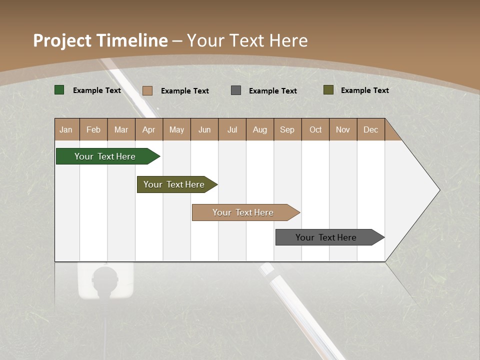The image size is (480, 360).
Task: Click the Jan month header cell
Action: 66,130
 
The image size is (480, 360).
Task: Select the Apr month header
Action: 148,130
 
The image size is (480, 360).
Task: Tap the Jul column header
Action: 232,130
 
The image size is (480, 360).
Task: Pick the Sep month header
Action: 287,130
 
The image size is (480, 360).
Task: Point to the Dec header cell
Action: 370,130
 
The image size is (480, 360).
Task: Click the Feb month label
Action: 93,130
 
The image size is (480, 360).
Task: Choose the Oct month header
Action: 315,130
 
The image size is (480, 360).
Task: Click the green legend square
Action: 59,90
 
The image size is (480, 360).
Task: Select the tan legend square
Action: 147,90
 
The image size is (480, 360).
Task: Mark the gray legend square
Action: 236,90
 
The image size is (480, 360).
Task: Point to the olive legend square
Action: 328,90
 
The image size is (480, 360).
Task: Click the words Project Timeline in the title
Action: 100,40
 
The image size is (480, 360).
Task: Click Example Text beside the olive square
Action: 364,90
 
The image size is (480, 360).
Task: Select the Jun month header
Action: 204,130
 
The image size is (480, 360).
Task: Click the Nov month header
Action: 343,130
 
